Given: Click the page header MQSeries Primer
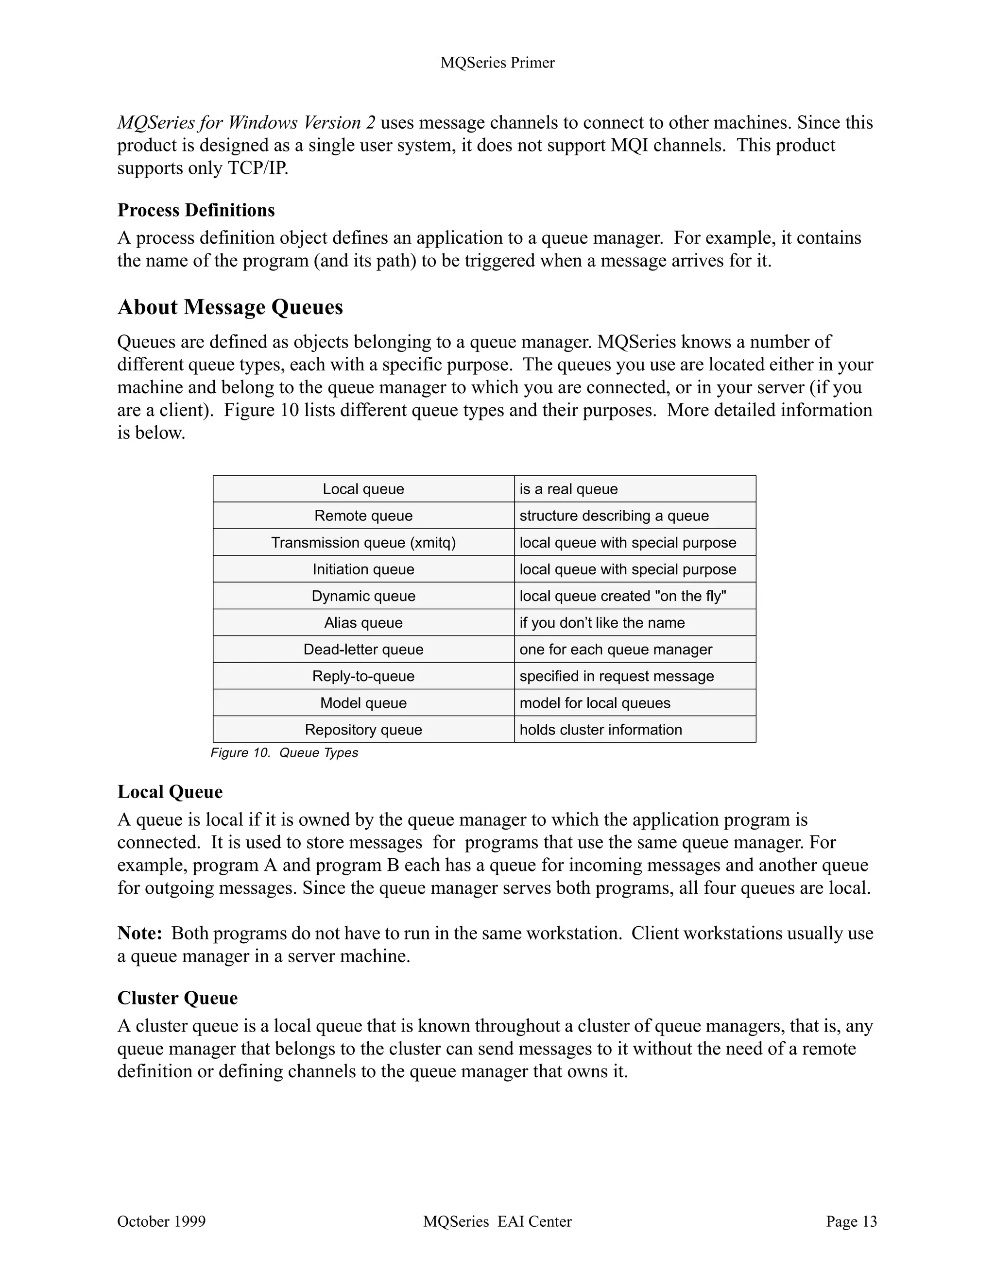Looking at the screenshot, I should click(497, 63).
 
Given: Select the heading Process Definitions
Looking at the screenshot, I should click(196, 210).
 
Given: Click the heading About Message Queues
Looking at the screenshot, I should click(230, 307).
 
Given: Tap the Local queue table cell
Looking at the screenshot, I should click(363, 489).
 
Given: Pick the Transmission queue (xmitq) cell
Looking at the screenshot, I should click(363, 542).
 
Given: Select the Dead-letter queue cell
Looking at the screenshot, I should click(363, 650).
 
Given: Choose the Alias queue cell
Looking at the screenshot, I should click(363, 622).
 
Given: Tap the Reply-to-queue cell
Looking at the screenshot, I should click(363, 676).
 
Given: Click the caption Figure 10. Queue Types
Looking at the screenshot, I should click(284, 753).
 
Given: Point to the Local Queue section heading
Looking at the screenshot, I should click(170, 792).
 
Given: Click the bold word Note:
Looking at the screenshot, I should click(139, 934).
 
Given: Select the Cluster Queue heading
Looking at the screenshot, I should click(177, 999).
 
